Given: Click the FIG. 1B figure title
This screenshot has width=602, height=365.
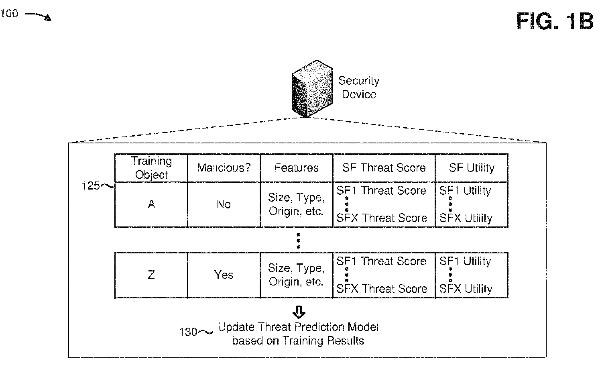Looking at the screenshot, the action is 554,21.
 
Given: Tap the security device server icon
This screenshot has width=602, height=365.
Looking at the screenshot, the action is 312,88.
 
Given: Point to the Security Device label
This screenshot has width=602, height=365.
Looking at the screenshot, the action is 359,88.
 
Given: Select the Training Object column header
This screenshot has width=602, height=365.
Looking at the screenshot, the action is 151,168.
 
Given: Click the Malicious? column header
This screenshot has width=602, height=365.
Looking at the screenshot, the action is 224,168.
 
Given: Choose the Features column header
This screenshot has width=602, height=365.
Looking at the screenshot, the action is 297,168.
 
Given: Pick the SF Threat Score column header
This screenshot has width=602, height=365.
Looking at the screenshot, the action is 384,168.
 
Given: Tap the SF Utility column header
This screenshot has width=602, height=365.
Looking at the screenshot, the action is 472,168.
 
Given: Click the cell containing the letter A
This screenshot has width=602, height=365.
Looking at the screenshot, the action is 151,204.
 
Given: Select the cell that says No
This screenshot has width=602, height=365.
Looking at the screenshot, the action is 224,204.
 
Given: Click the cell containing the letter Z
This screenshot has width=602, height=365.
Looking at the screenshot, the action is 151,275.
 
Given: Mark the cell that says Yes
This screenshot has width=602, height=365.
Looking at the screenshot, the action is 224,275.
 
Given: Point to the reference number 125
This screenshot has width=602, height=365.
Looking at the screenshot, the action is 91,186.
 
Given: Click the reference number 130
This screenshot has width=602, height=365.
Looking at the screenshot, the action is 188,332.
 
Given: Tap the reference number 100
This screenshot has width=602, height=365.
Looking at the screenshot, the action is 9,13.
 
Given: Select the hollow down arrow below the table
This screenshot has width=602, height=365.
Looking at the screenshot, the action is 299,312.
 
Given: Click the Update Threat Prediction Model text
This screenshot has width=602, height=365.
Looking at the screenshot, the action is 298,327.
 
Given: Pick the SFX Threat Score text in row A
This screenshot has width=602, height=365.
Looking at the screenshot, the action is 382,218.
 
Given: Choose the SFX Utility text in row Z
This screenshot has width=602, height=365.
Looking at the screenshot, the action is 466,289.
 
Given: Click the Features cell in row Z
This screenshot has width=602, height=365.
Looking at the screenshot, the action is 297,275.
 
